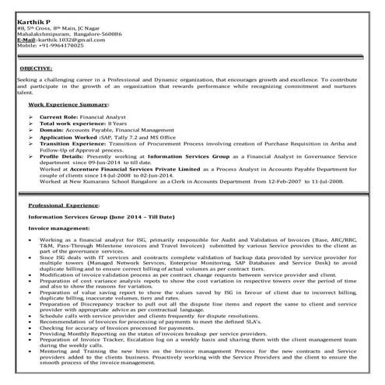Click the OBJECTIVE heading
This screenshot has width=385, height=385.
tap(37, 69)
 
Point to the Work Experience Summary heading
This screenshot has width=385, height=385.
tap(69, 103)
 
